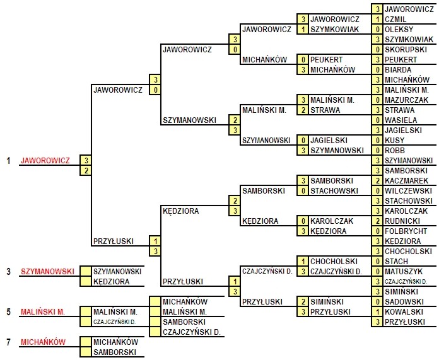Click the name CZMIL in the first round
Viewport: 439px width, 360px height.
pos(395,19)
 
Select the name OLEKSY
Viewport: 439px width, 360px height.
pos(398,29)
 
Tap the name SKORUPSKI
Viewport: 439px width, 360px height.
pos(404,49)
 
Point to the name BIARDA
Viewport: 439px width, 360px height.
pos(397,69)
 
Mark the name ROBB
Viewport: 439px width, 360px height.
pos(395,150)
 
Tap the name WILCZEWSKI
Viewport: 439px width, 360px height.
pos(407,190)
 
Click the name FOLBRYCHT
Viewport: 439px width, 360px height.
pos(406,231)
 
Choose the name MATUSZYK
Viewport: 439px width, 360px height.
pos(404,271)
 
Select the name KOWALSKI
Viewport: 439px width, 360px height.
pos(403,311)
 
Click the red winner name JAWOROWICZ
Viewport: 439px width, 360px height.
pos(45,161)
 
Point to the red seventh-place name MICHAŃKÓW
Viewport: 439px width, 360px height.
pos(43,342)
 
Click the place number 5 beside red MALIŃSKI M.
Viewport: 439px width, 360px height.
pos(8,311)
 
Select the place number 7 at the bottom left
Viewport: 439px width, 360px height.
pos(8,342)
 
